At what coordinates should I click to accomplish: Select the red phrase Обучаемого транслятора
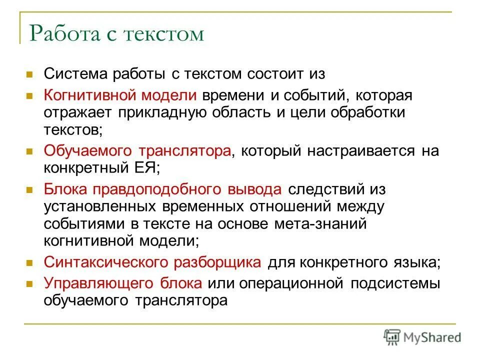(x=137, y=150)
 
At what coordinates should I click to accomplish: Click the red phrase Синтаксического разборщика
(x=152, y=262)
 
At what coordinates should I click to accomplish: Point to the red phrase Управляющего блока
(x=123, y=283)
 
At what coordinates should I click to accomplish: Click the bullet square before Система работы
(x=29, y=75)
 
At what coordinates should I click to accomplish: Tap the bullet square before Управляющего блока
(x=29, y=284)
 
